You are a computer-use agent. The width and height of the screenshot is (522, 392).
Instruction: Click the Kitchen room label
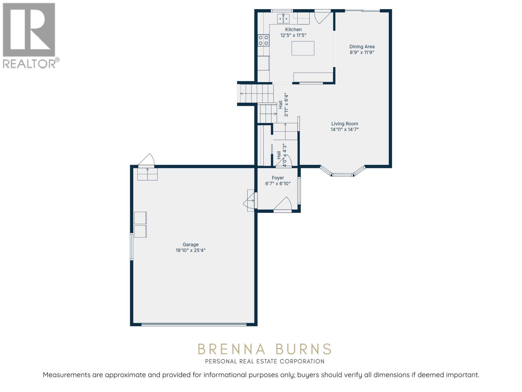pos(293,29)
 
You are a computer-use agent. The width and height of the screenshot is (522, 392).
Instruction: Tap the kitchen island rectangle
pos(303,48)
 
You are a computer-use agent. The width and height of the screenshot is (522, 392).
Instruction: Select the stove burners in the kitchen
pos(264,40)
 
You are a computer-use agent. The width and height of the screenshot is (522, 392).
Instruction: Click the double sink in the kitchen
pos(283,19)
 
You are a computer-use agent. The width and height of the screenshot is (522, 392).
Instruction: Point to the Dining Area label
pos(362,47)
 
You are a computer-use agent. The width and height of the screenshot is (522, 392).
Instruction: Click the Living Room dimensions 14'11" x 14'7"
pos(345,129)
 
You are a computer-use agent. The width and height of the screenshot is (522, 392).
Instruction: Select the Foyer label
pos(278,178)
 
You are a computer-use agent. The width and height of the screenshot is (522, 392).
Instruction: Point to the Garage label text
pos(191,245)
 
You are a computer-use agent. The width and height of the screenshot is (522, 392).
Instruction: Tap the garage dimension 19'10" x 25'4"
pos(191,251)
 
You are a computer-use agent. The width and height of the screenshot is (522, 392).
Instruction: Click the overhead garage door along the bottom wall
pos(194,324)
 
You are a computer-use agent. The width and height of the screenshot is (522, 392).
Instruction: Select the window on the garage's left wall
pos(132,247)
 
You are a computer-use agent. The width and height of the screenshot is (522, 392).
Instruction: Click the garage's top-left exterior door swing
pos(146,160)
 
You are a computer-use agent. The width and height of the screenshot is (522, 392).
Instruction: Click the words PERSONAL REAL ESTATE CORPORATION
pos(265,361)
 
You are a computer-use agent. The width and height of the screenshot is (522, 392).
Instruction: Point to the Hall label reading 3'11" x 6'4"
pos(283,105)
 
